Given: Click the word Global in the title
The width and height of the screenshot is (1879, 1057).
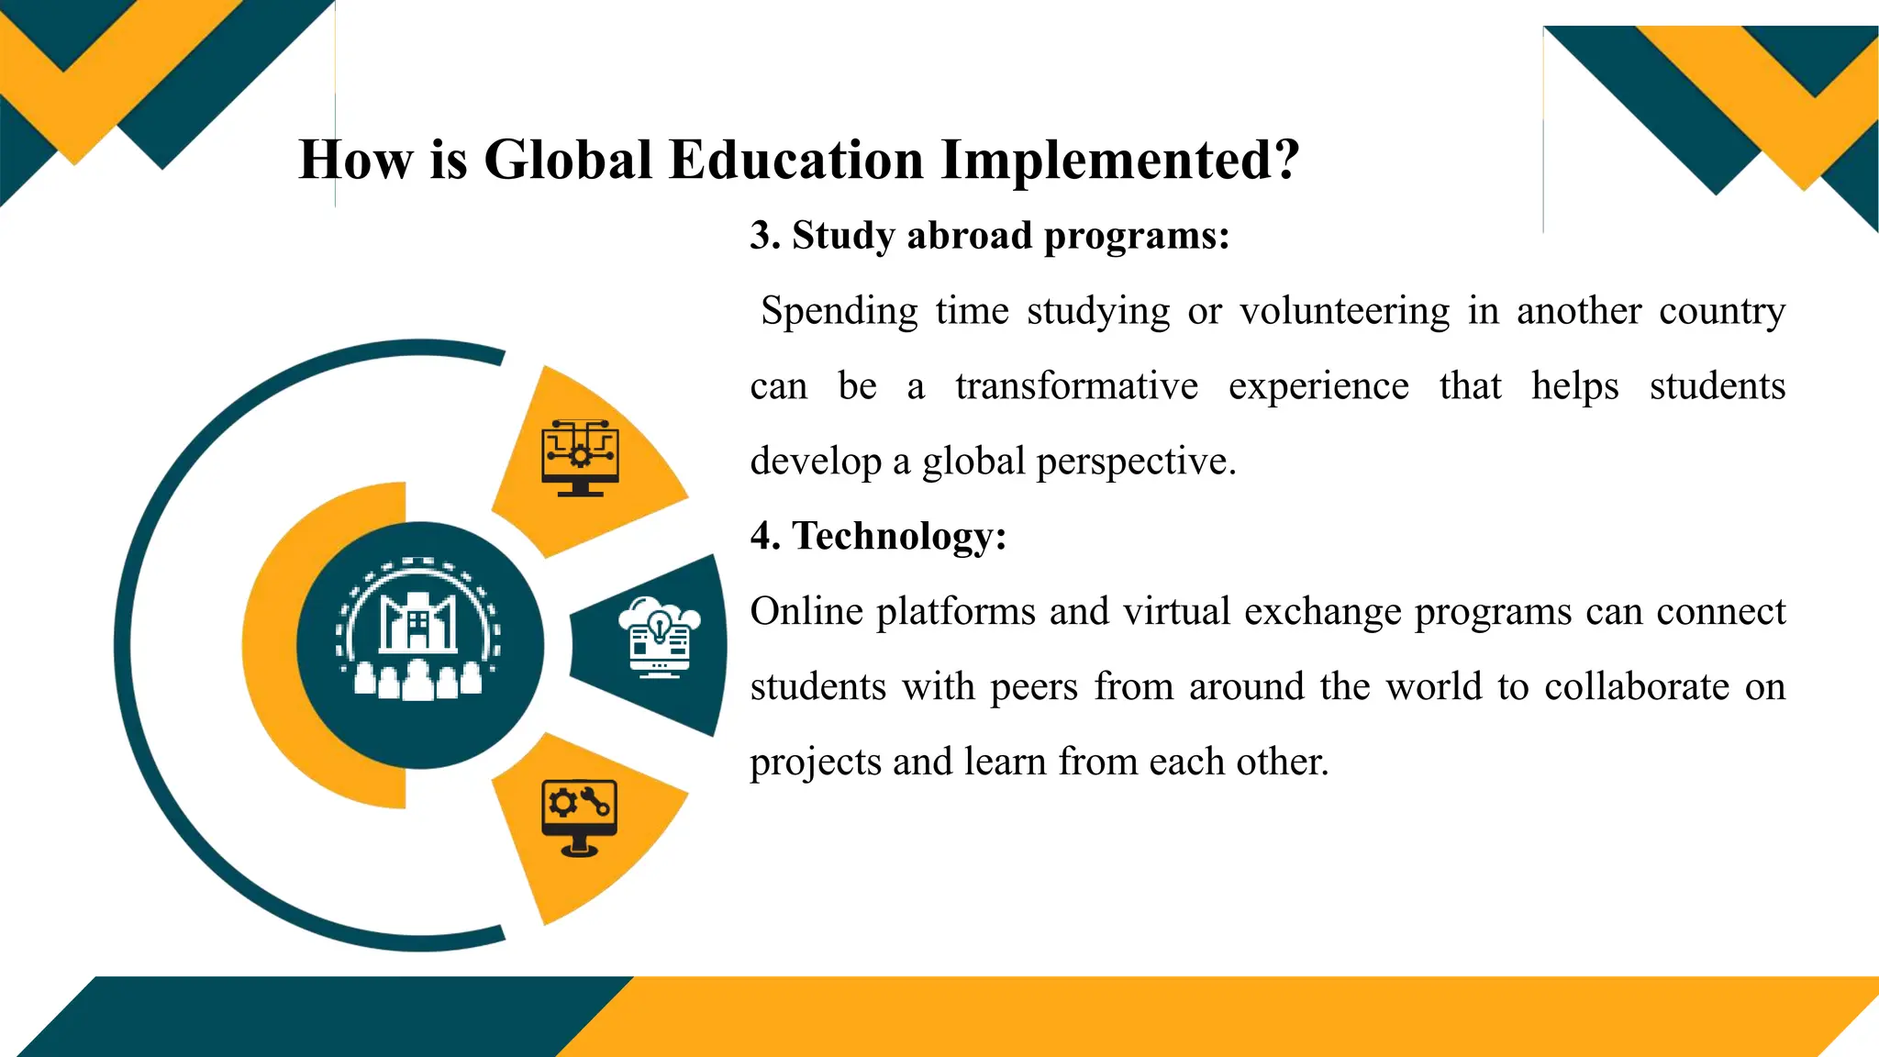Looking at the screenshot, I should click(568, 160).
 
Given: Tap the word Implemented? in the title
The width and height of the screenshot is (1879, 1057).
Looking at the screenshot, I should click(1120, 160).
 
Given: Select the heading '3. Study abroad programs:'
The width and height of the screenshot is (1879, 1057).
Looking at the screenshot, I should click(989, 236).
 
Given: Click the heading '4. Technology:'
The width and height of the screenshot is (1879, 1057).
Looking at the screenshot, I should click(878, 536).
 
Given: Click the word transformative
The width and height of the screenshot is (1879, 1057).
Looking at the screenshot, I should click(1076, 386).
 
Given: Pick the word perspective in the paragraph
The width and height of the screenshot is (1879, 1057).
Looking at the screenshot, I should click(1136, 462).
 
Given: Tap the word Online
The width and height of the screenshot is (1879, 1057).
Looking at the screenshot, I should click(806, 611).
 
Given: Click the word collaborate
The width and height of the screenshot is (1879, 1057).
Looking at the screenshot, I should click(1637, 686).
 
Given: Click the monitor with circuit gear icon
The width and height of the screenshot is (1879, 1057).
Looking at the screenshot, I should click(580, 457).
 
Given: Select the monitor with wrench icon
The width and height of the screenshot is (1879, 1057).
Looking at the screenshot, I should click(579, 818).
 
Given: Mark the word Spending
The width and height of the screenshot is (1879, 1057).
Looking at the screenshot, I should click(839, 312).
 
